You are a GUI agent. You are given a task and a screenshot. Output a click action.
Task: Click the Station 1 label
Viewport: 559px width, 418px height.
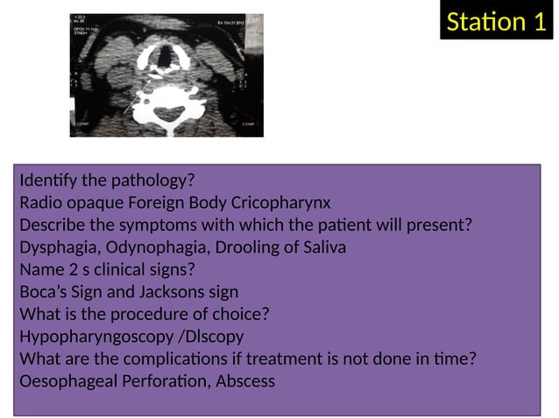pos(496,22)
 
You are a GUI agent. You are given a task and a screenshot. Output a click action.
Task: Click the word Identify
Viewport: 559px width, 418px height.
pos(50,181)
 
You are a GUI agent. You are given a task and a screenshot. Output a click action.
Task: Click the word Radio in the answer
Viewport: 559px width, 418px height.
pos(40,203)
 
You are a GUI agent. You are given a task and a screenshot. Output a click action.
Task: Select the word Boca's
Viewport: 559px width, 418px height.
pos(43,292)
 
